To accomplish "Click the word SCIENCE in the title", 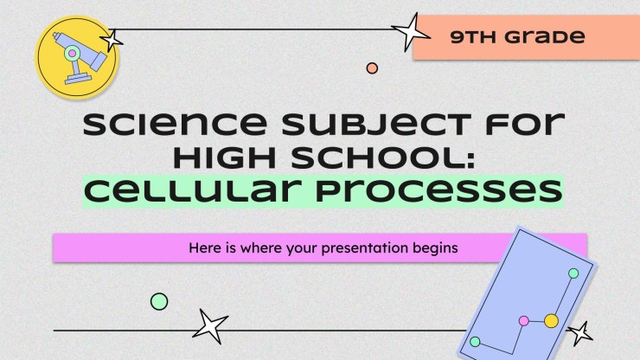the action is (175, 125).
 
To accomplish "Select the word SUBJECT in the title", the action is (376, 125).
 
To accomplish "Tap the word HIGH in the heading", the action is (225, 157).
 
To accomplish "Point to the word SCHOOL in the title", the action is (384, 157).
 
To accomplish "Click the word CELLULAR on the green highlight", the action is (193, 191).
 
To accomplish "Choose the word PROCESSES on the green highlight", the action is (439, 192).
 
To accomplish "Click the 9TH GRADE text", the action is (517, 36).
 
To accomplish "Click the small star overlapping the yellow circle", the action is (112, 41).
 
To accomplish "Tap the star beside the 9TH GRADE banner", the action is (409, 32).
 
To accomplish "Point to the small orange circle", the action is (372, 68).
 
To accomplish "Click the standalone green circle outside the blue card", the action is (159, 301).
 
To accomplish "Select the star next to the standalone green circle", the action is (210, 326).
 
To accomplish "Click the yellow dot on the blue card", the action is (552, 321).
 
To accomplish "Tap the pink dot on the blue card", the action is (523, 321).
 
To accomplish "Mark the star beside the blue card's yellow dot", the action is (580, 334).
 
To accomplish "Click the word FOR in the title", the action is (524, 125).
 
